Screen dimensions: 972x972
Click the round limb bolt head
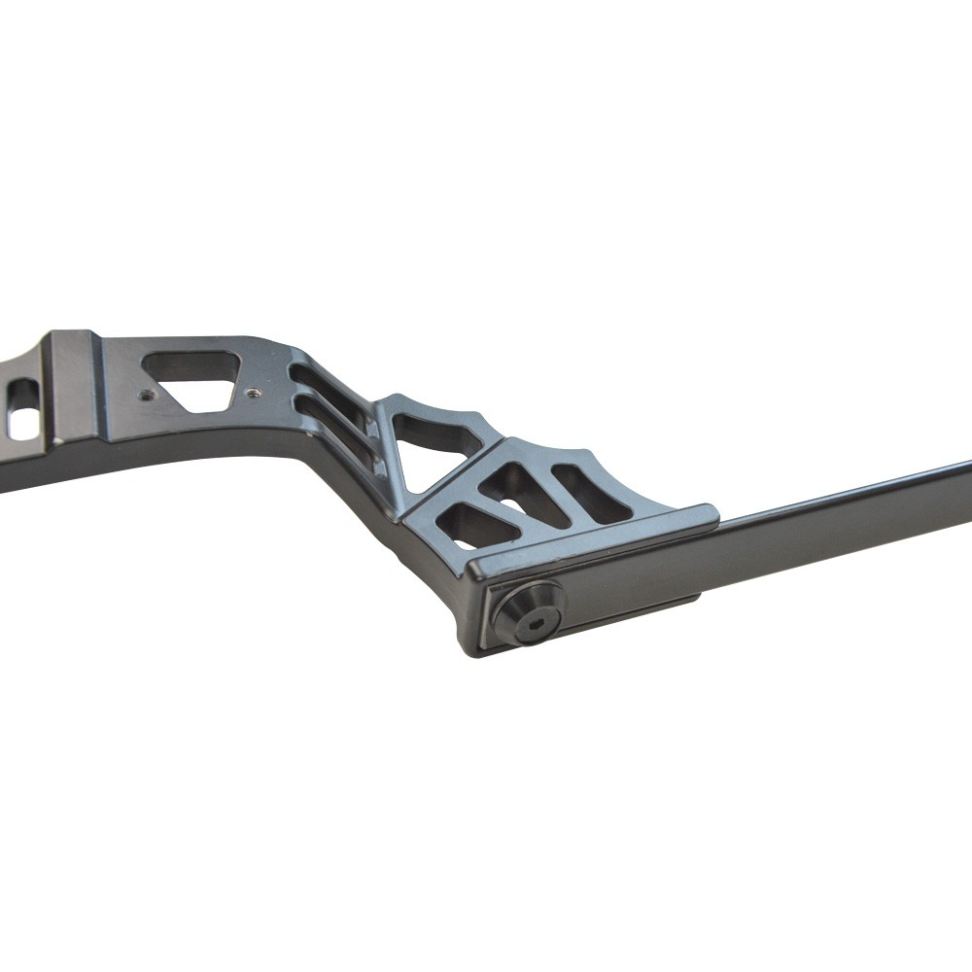click(x=528, y=611)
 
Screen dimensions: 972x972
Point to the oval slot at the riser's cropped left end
click(x=21, y=409)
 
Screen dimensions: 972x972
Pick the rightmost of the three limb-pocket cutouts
click(x=591, y=491)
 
